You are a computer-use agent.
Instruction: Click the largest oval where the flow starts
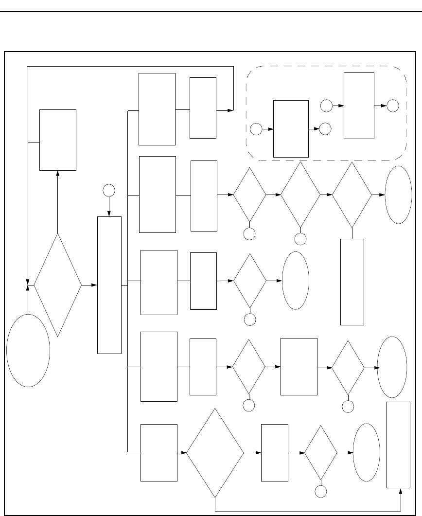28,351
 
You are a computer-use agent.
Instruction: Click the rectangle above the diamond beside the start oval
58,140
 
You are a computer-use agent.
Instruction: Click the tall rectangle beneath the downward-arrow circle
109,285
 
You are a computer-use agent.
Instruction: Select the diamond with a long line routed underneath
215,453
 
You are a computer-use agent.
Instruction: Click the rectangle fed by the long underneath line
401,445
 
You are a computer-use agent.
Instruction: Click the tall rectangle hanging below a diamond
352,282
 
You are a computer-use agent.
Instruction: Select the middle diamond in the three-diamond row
300,195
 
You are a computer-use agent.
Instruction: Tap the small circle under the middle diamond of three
300,239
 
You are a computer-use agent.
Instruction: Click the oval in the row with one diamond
295,280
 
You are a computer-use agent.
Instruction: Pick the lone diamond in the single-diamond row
250,281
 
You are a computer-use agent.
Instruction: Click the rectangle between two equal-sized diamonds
299,366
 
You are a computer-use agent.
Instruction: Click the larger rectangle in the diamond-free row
157,109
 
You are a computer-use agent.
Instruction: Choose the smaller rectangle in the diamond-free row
203,107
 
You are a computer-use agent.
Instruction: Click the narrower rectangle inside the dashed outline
359,106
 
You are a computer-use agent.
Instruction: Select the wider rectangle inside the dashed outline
291,128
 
